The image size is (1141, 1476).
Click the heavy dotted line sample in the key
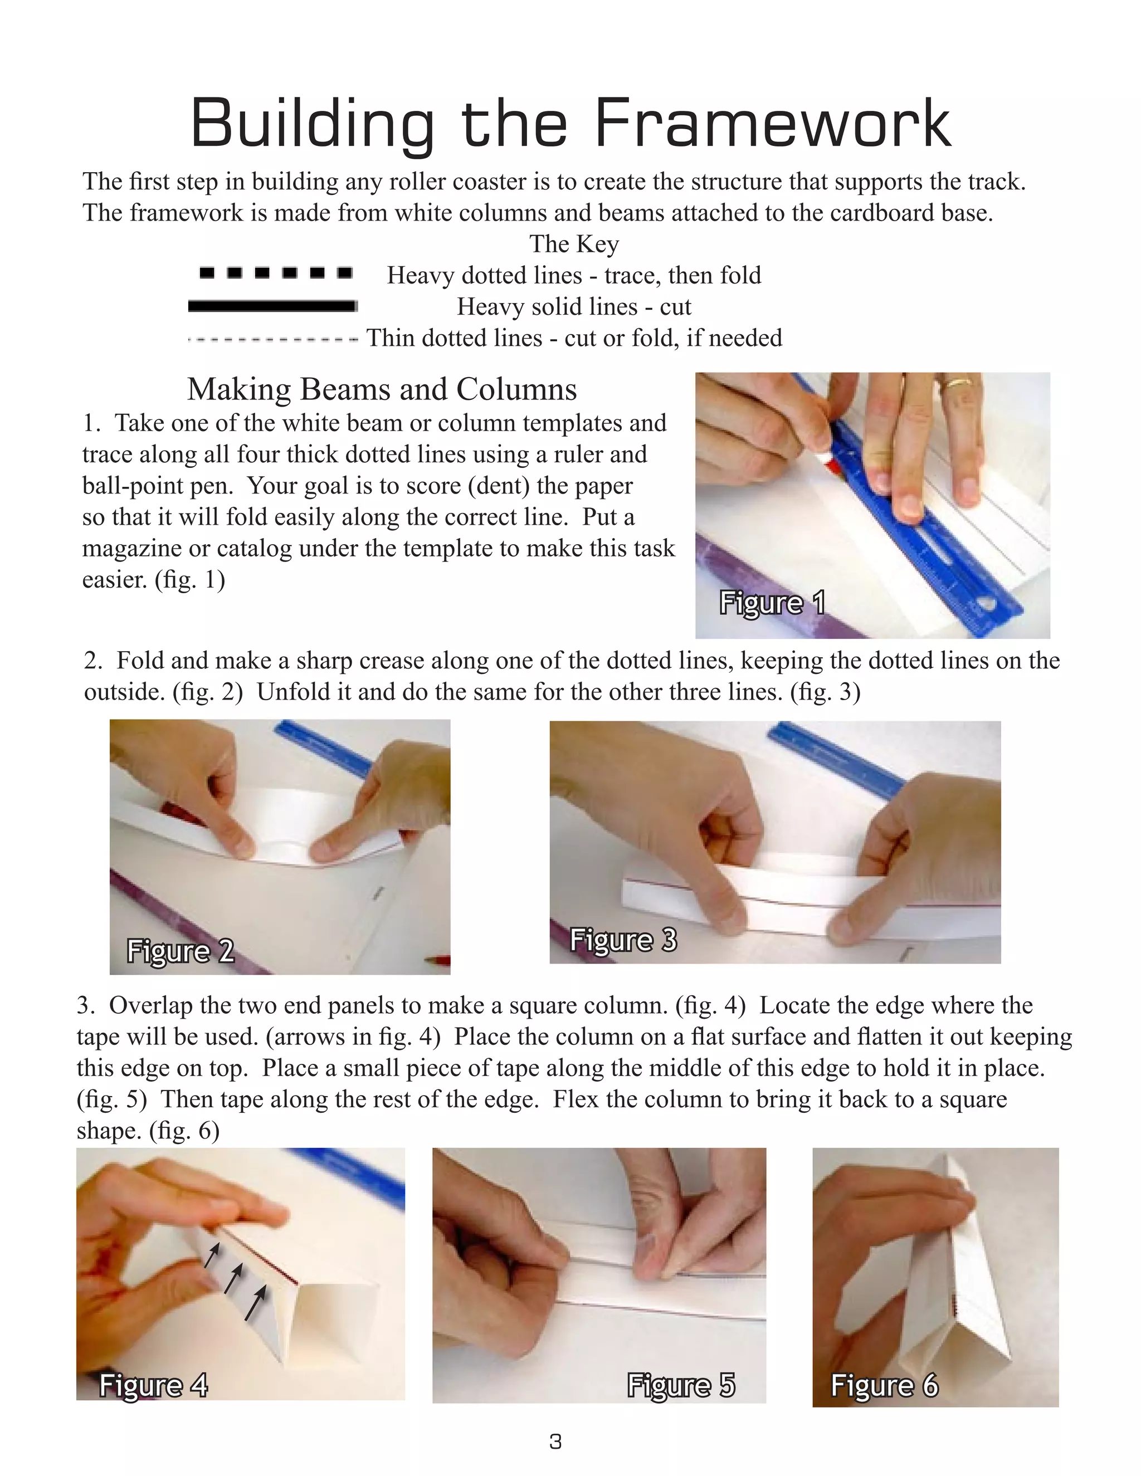[276, 273]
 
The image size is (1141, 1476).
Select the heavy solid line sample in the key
[272, 306]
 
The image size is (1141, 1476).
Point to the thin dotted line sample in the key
[272, 339]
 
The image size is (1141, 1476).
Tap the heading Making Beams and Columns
[382, 389]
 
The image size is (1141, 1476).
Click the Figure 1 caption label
[772, 602]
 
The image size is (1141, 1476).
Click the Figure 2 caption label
[181, 951]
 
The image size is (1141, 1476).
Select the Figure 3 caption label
[622, 940]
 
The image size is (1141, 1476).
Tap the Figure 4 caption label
[153, 1385]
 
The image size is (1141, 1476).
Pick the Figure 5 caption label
[681, 1385]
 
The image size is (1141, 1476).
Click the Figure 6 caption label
[884, 1385]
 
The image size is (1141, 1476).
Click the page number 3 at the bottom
[555, 1442]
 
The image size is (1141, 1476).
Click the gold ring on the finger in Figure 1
[958, 383]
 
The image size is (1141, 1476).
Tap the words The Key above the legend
[573, 244]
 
